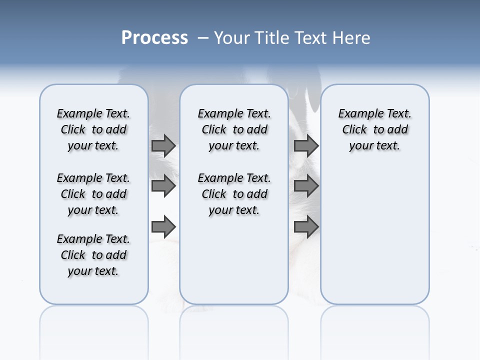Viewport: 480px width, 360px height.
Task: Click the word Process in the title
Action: pos(154,38)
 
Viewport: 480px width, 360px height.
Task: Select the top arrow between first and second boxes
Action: pos(163,146)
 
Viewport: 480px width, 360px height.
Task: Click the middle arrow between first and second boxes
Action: pos(163,186)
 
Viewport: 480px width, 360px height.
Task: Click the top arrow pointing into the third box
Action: pos(306,146)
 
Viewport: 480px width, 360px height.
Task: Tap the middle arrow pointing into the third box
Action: pos(306,186)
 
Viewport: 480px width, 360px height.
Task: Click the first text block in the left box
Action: pos(93,129)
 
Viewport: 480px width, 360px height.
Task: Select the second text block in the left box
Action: pos(93,194)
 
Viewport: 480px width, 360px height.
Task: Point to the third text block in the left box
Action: pos(93,255)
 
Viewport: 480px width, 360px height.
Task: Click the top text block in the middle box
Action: pos(234,129)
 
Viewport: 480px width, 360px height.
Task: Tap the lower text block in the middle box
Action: pos(234,194)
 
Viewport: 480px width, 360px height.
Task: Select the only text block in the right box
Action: pos(374,129)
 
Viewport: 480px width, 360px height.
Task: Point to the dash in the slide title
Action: pos(203,38)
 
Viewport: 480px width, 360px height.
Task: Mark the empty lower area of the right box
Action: pos(374,235)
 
